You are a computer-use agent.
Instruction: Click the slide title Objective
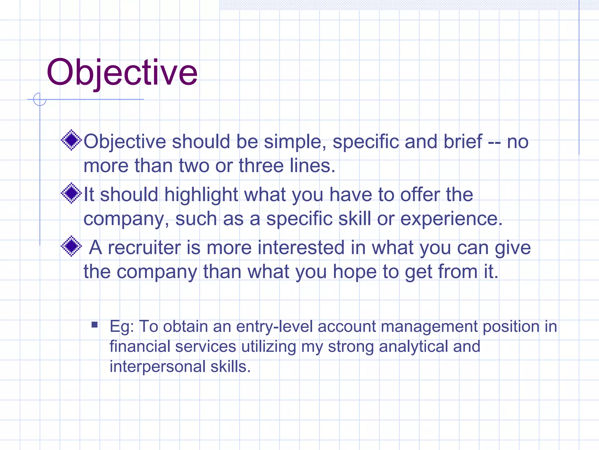pos(122,72)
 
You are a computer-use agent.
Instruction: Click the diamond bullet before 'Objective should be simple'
pos(71,140)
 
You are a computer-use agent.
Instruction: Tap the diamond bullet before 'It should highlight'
pos(71,193)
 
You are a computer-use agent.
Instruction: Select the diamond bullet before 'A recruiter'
pos(71,246)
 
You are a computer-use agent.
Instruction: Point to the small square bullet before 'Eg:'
pos(94,325)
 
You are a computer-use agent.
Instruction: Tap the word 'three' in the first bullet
pos(261,166)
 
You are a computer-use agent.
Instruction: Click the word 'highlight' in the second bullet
pos(201,195)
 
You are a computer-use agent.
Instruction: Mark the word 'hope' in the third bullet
pos(354,272)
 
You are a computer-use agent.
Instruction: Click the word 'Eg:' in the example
pos(122,327)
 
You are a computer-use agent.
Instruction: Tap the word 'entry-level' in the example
pos(274,326)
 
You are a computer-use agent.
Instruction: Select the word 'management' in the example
pos(429,326)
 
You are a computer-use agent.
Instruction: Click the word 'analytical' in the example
pos(413,347)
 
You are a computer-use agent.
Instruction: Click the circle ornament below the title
pos(40,99)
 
